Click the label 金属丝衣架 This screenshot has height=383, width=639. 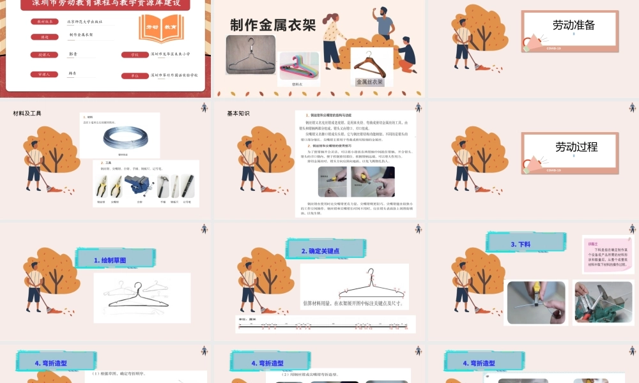[369, 82]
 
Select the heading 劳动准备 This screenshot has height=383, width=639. [573, 25]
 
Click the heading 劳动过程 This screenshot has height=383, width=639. [576, 146]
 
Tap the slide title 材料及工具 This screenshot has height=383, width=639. [27, 114]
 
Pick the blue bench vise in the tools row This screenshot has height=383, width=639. [142, 186]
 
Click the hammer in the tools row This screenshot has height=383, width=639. [162, 186]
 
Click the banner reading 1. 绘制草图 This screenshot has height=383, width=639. [110, 260]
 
